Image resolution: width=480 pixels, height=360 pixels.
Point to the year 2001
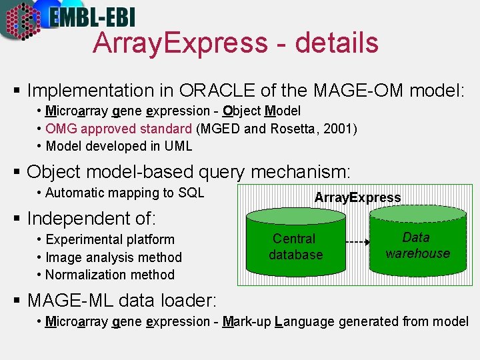(x=339, y=129)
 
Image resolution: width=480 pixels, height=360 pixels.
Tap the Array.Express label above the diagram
(x=357, y=197)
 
